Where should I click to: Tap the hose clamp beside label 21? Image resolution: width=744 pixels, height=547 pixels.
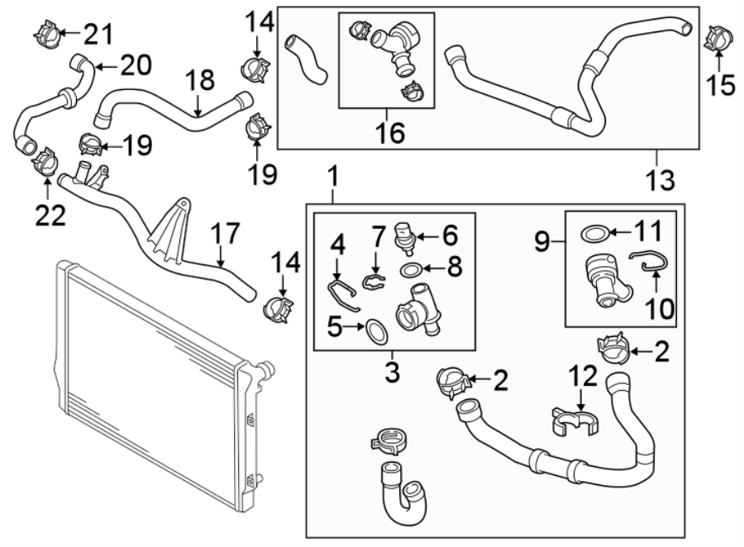click(46, 32)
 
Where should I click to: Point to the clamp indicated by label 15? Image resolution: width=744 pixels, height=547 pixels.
click(717, 37)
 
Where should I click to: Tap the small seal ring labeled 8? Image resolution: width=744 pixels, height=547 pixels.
click(412, 269)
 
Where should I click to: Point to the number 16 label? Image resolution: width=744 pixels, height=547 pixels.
click(387, 132)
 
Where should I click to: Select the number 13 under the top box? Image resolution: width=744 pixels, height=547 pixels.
click(659, 178)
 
